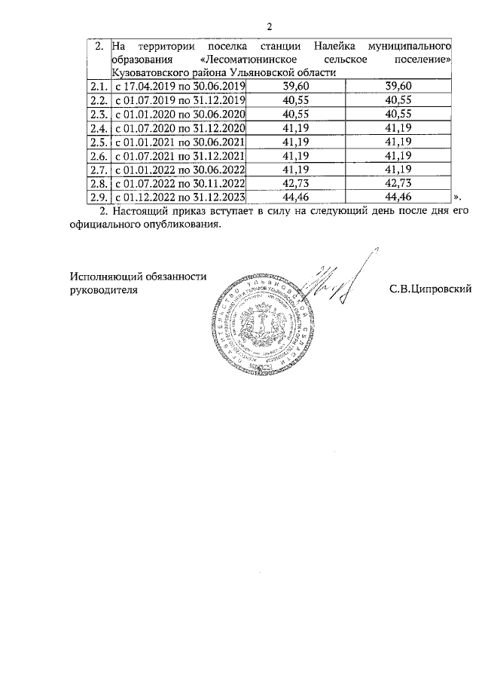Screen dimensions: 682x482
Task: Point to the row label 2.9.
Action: (96, 197)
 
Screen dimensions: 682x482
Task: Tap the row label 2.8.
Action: (96, 183)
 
